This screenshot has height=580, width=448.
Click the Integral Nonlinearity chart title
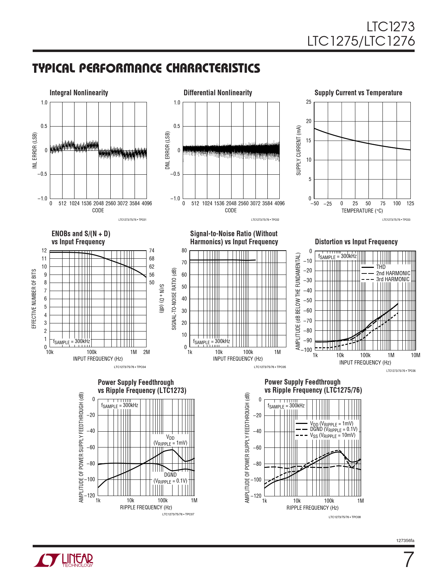79,93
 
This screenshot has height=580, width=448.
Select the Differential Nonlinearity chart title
218,93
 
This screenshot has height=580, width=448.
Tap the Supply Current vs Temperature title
358,93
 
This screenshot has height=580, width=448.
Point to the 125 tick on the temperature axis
410,204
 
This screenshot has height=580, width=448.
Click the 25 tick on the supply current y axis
309,102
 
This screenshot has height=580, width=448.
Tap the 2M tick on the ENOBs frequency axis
147,352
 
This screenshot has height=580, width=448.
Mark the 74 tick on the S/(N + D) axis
152,251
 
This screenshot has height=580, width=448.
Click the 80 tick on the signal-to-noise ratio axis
184,251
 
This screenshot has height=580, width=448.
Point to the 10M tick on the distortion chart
415,355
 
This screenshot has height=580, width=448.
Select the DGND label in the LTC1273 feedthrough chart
170,475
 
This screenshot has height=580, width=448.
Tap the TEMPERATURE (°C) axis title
362,211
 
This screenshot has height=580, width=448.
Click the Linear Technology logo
64,560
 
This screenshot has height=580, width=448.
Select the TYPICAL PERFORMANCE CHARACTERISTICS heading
146,68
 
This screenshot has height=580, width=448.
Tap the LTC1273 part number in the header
391,27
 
